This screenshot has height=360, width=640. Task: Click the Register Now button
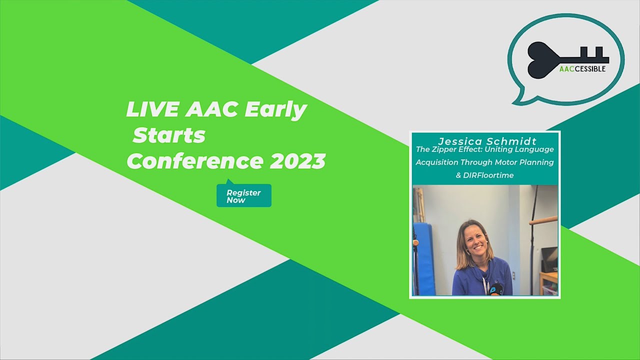tap(244, 196)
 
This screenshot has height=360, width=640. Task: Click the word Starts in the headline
tap(169, 135)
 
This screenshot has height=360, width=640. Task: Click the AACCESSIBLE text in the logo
tap(582, 68)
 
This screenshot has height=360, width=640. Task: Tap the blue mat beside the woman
tap(424, 257)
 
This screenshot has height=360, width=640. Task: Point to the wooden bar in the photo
tap(543, 220)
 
